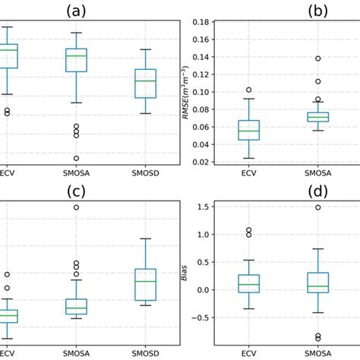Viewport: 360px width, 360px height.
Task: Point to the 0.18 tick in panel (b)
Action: click(x=199, y=22)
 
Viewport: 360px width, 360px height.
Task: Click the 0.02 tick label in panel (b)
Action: click(x=199, y=162)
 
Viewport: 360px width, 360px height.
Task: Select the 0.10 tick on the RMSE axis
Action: click(x=199, y=92)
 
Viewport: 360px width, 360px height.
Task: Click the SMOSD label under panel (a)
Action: click(x=145, y=172)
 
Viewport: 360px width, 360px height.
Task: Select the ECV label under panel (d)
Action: click(x=248, y=353)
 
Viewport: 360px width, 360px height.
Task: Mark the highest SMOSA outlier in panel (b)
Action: click(x=318, y=58)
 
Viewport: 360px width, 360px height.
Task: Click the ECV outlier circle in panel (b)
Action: click(x=248, y=90)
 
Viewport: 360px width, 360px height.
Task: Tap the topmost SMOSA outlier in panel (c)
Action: click(x=76, y=207)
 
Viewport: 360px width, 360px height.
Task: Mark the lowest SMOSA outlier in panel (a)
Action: click(x=76, y=158)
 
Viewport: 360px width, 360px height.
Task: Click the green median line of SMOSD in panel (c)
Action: click(x=145, y=281)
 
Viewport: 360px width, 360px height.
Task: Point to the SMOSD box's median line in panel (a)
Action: click(x=145, y=81)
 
